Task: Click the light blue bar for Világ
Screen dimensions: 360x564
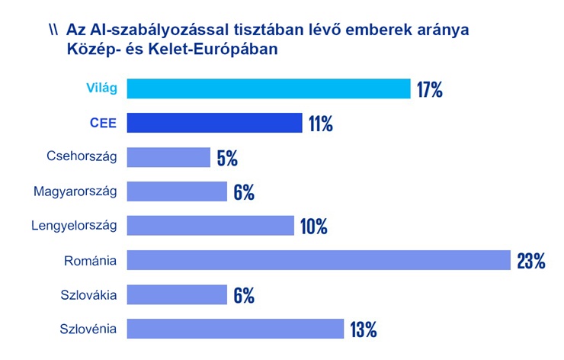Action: tap(268, 88)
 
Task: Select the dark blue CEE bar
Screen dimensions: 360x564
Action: tap(214, 123)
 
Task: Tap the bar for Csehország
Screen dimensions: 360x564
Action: tap(168, 157)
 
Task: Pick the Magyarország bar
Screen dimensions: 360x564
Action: tap(177, 191)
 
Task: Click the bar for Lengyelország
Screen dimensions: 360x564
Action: tap(210, 226)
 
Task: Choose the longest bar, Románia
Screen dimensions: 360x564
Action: tap(318, 260)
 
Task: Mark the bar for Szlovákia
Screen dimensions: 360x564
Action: tap(177, 294)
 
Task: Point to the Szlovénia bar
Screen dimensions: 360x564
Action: tap(236, 329)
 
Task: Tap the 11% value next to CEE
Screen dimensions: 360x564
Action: tap(321, 124)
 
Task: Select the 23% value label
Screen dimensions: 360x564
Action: tap(531, 261)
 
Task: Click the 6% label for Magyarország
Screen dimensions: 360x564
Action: tap(244, 192)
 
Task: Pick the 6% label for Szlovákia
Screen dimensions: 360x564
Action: tap(244, 295)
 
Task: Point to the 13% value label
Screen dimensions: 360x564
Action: tap(364, 329)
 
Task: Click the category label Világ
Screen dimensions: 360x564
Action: tap(101, 88)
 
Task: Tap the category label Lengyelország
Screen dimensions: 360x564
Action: tap(74, 226)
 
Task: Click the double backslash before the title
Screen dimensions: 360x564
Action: tap(53, 31)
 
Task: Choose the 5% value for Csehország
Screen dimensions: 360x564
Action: tap(227, 158)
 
